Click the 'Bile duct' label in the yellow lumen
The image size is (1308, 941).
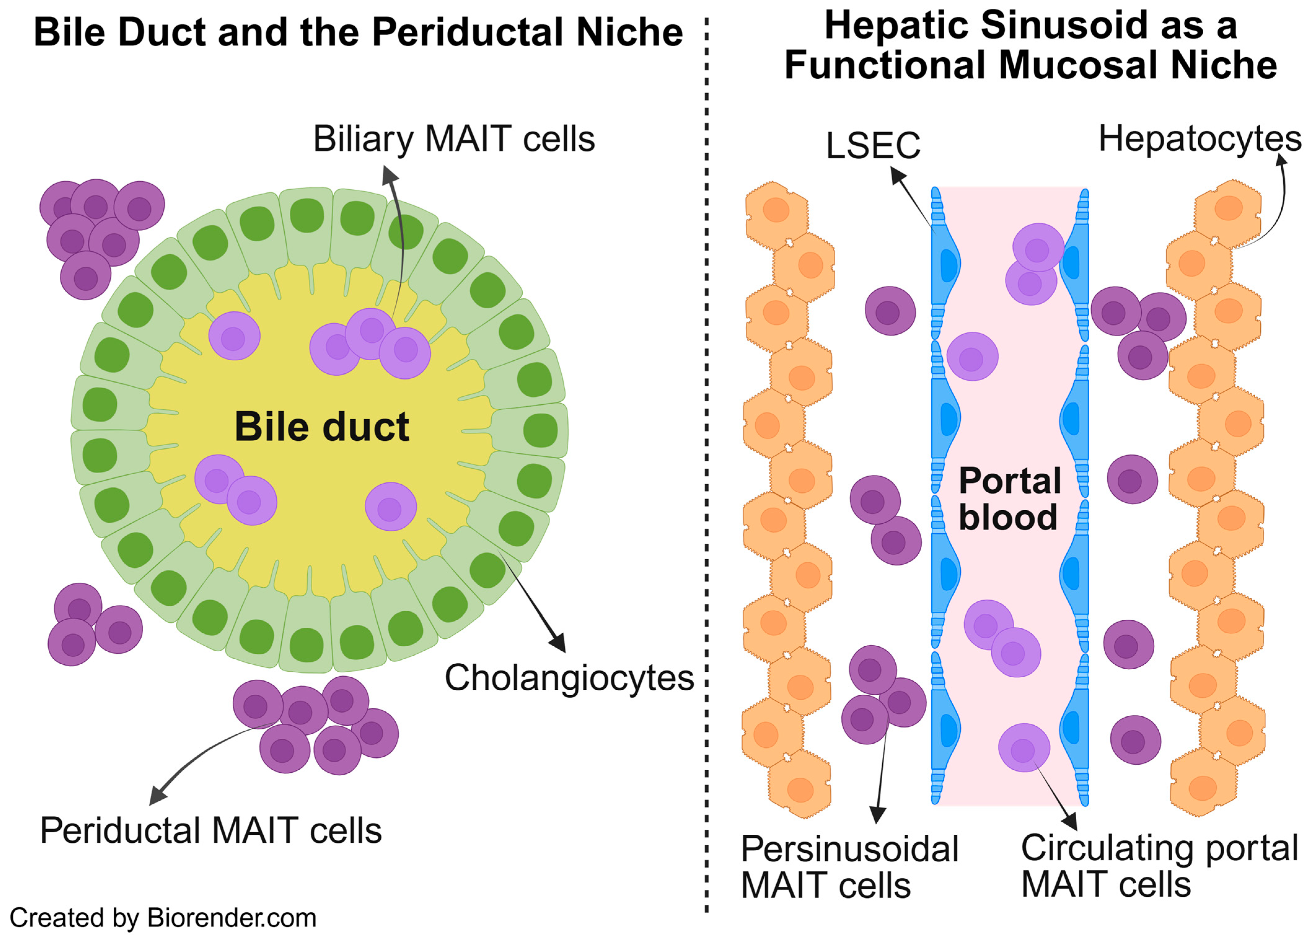(322, 427)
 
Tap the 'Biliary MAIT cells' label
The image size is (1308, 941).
(454, 139)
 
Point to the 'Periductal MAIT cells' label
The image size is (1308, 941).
(210, 831)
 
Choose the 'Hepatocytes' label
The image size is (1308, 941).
(1200, 139)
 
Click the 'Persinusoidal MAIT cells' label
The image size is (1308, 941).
(849, 867)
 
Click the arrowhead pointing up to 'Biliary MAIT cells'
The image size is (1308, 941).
(390, 175)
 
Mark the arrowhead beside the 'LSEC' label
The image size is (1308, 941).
(898, 175)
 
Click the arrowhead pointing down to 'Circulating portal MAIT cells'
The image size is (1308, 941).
(1070, 822)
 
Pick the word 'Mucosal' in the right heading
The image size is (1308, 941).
(1078, 65)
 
